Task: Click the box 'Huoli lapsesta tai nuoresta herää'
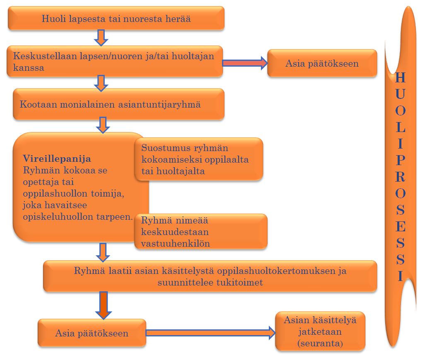click(x=116, y=18)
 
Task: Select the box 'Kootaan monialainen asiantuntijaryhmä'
click(x=118, y=104)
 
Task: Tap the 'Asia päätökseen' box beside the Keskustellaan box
click(x=322, y=63)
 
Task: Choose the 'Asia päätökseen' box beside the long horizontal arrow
click(x=92, y=333)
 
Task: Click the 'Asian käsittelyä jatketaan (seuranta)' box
click(x=320, y=331)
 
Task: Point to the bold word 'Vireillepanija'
click(x=57, y=158)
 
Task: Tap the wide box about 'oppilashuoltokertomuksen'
click(x=210, y=277)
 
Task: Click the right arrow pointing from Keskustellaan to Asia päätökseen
click(x=244, y=63)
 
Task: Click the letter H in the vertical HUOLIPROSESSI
click(x=400, y=77)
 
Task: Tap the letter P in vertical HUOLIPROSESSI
click(x=400, y=159)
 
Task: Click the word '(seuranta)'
click(x=320, y=343)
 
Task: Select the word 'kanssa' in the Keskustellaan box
click(x=29, y=67)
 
